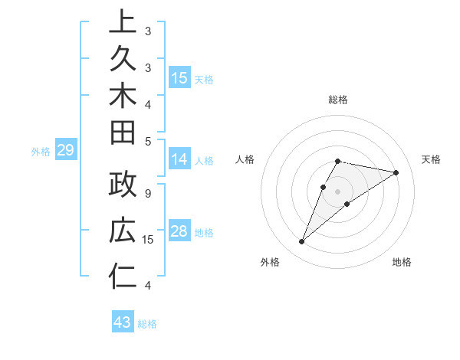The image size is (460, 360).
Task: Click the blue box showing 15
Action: click(x=179, y=78)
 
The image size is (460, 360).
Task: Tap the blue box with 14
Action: click(x=179, y=160)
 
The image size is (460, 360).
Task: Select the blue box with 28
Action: click(x=179, y=232)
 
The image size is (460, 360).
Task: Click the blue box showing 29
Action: click(x=66, y=151)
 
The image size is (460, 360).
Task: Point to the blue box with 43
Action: click(x=123, y=322)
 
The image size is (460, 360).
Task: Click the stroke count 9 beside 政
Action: click(x=147, y=193)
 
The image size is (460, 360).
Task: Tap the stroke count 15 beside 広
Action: click(x=149, y=240)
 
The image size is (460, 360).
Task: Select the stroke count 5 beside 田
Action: click(x=147, y=141)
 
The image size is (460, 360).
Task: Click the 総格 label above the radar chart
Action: click(x=337, y=100)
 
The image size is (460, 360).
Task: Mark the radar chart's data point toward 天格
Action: click(x=396, y=172)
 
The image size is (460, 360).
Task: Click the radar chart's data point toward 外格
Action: click(x=302, y=242)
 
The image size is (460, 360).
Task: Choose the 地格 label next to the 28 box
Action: click(x=204, y=233)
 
